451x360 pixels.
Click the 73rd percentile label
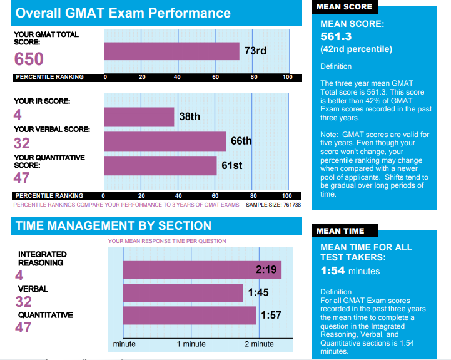255,51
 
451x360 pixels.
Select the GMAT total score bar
171,51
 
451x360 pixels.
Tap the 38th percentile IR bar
139,116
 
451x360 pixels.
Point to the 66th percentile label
241,141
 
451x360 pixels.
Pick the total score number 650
29,59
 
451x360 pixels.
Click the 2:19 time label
266,270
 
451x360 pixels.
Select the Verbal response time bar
183,292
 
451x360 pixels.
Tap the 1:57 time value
270,315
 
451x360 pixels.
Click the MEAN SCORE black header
344,7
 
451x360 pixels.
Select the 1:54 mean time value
333,271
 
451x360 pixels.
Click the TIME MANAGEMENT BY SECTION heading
113,225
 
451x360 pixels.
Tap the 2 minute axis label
259,344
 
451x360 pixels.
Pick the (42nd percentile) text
356,49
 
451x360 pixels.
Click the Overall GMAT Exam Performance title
123,13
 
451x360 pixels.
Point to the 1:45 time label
258,292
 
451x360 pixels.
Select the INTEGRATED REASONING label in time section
42,259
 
